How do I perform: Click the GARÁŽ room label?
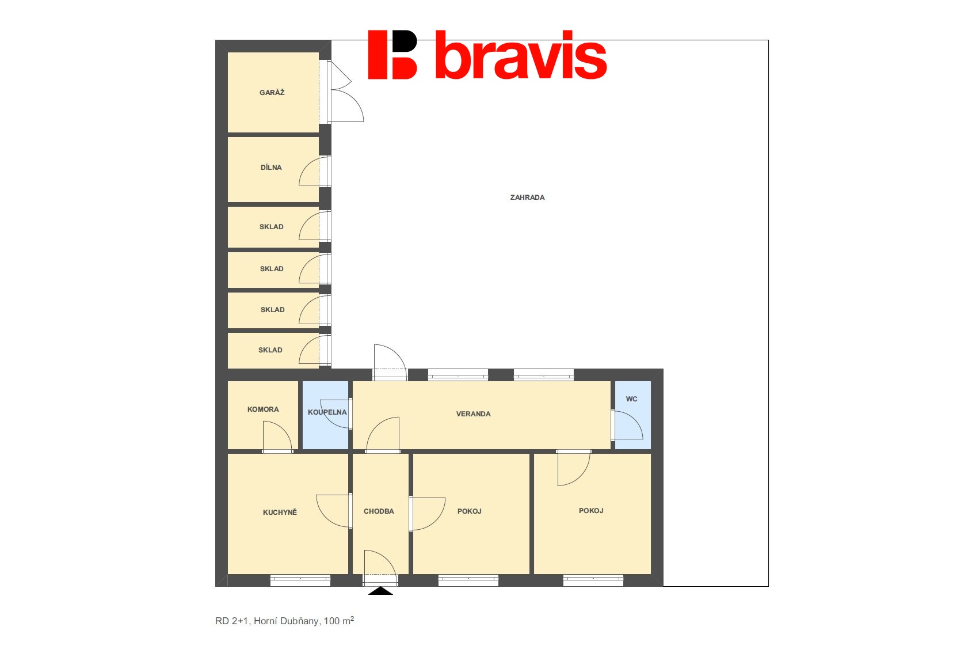point(272,92)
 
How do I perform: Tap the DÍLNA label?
point(271,168)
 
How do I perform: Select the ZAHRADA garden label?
point(527,197)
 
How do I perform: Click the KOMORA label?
point(263,409)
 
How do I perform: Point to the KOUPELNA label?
point(327,412)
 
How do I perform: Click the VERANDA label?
point(473,414)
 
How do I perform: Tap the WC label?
point(631,398)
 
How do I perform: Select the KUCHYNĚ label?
point(280,512)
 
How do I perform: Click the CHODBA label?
point(379,511)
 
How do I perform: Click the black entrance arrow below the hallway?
point(380,591)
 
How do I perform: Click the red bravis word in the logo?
point(521,55)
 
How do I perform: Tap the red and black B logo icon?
point(392,55)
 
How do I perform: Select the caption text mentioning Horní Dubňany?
point(284,621)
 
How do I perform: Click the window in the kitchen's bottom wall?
point(300,580)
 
